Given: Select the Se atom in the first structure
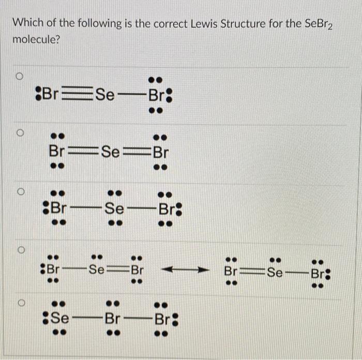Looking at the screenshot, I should [105, 95].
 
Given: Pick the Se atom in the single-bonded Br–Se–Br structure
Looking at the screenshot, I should [115, 210].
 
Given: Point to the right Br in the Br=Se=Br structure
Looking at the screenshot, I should [160, 152].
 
